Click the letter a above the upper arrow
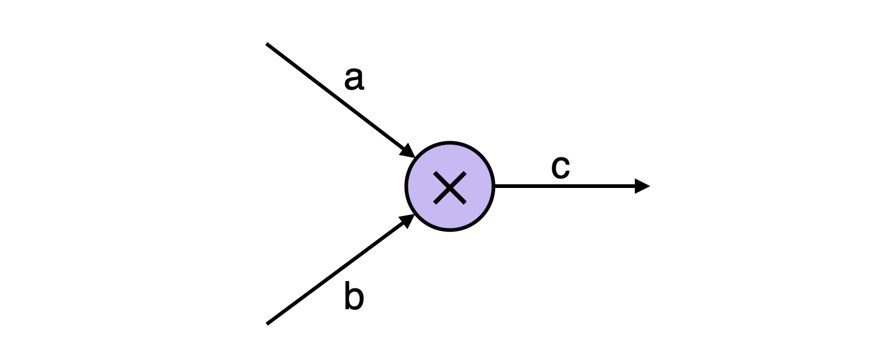pyautogui.click(x=354, y=79)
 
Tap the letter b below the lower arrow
pyautogui.click(x=354, y=297)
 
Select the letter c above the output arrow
pyautogui.click(x=560, y=167)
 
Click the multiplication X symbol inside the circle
pyautogui.click(x=450, y=187)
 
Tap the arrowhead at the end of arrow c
pyautogui.click(x=643, y=186)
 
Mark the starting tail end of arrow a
pyautogui.click(x=267, y=44)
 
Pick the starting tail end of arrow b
pyautogui.click(x=268, y=323)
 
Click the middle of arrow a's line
pyautogui.click(x=337, y=97)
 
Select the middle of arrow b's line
pyautogui.click(x=337, y=271)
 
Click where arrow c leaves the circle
pyautogui.click(x=494, y=186)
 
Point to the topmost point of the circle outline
pyautogui.click(x=450, y=143)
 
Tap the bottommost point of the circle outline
pyautogui.click(x=450, y=231)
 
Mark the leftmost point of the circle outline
pyautogui.click(x=406, y=187)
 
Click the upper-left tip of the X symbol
pyautogui.click(x=435, y=173)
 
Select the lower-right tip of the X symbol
pyautogui.click(x=465, y=202)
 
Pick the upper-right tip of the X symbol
pyautogui.click(x=465, y=173)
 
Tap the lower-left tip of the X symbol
pyautogui.click(x=435, y=202)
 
